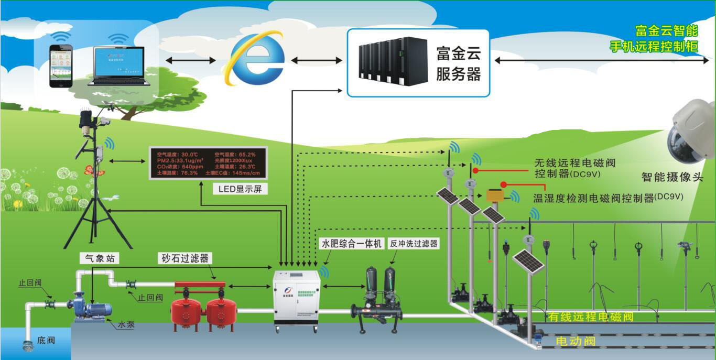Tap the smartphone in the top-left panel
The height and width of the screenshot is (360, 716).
[x=60, y=66]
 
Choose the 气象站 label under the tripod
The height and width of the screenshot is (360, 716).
[x=99, y=258]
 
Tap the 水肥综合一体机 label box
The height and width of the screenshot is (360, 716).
[x=351, y=244]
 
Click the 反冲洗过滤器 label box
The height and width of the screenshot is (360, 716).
[x=413, y=244]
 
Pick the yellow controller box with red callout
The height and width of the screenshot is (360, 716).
[x=495, y=196]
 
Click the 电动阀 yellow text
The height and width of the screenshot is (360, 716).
[x=576, y=342]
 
